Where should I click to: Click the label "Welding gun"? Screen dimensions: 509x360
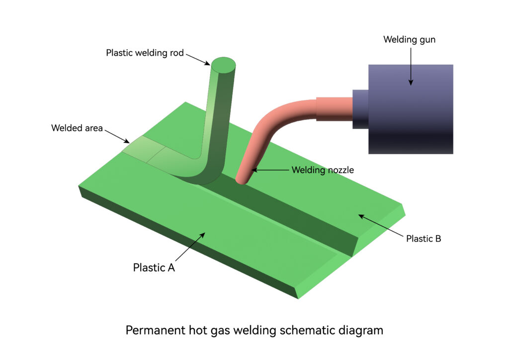[410, 40]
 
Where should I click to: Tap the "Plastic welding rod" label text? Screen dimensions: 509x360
[145, 53]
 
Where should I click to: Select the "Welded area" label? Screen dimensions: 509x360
[77, 128]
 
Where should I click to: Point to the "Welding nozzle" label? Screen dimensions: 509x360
[323, 170]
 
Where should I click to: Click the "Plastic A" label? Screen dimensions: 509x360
[154, 268]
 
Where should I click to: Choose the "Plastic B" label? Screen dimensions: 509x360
[424, 239]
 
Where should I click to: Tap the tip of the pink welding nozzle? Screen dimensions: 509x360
[242, 180]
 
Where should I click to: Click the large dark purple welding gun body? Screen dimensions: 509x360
[411, 109]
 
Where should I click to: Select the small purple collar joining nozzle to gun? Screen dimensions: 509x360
[360, 109]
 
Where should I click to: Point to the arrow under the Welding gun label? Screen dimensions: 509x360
[411, 67]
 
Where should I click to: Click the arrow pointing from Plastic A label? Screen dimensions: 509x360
[190, 247]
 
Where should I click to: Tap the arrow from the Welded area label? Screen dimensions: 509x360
[117, 136]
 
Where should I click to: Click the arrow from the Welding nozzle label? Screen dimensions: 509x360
[270, 170]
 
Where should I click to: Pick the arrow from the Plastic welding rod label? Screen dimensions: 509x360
[198, 60]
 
